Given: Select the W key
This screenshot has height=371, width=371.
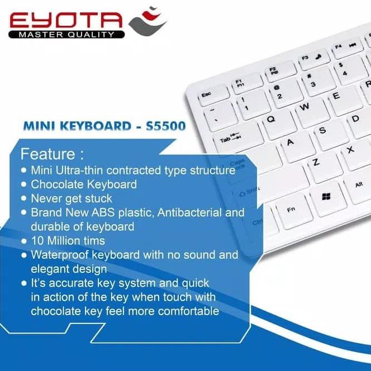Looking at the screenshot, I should click(305, 107).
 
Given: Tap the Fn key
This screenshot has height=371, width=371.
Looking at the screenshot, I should click(291, 210).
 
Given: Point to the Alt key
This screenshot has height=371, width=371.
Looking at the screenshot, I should click(359, 185).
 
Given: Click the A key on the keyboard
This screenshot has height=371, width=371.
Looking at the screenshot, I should click(290, 142).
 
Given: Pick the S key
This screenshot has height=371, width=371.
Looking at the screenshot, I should click(322, 131).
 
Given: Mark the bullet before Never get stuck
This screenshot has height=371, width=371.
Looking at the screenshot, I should click(23, 198).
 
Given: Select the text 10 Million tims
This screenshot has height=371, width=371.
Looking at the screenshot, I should click(68, 241).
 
